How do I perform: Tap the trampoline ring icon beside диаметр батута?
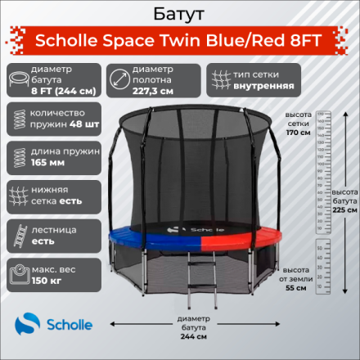(17, 79)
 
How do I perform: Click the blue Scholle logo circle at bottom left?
(25, 326)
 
